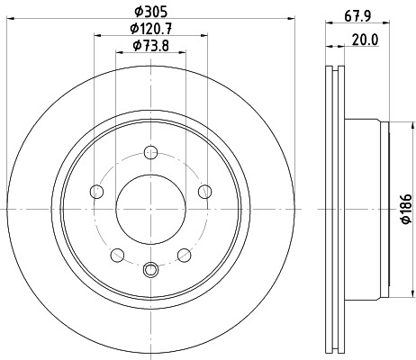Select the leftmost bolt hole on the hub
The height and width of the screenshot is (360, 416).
96,190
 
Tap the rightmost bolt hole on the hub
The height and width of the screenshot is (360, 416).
204,190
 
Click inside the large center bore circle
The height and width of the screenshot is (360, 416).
150,207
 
